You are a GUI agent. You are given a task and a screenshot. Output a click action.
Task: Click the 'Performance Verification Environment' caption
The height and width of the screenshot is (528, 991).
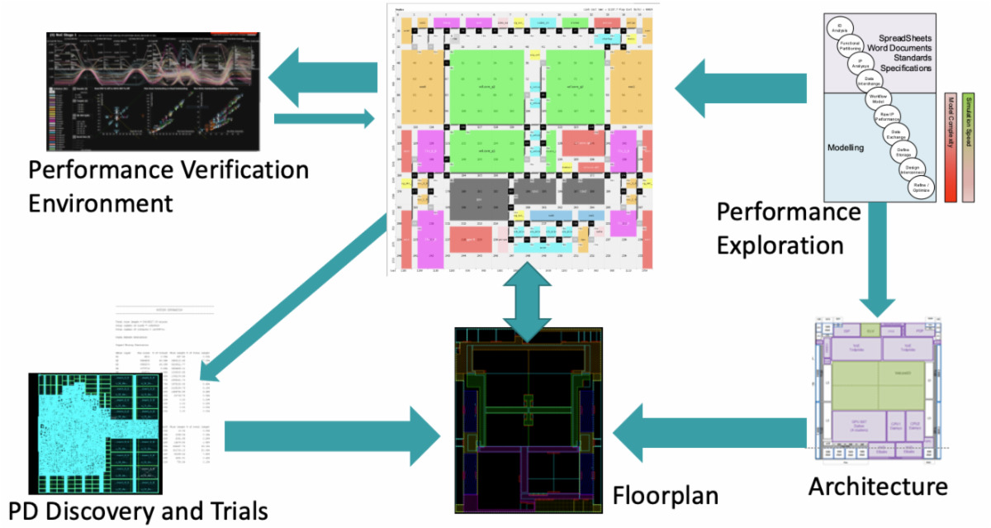coord(168,186)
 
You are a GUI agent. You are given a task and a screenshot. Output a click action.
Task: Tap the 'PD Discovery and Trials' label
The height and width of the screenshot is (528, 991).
coord(136,510)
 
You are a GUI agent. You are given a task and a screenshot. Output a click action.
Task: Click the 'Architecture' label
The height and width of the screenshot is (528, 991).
coord(877,485)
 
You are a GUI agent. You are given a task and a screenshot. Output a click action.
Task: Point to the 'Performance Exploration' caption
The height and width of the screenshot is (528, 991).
coord(788,228)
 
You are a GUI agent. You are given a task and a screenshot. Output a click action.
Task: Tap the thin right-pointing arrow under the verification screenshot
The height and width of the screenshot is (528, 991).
coord(322,119)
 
